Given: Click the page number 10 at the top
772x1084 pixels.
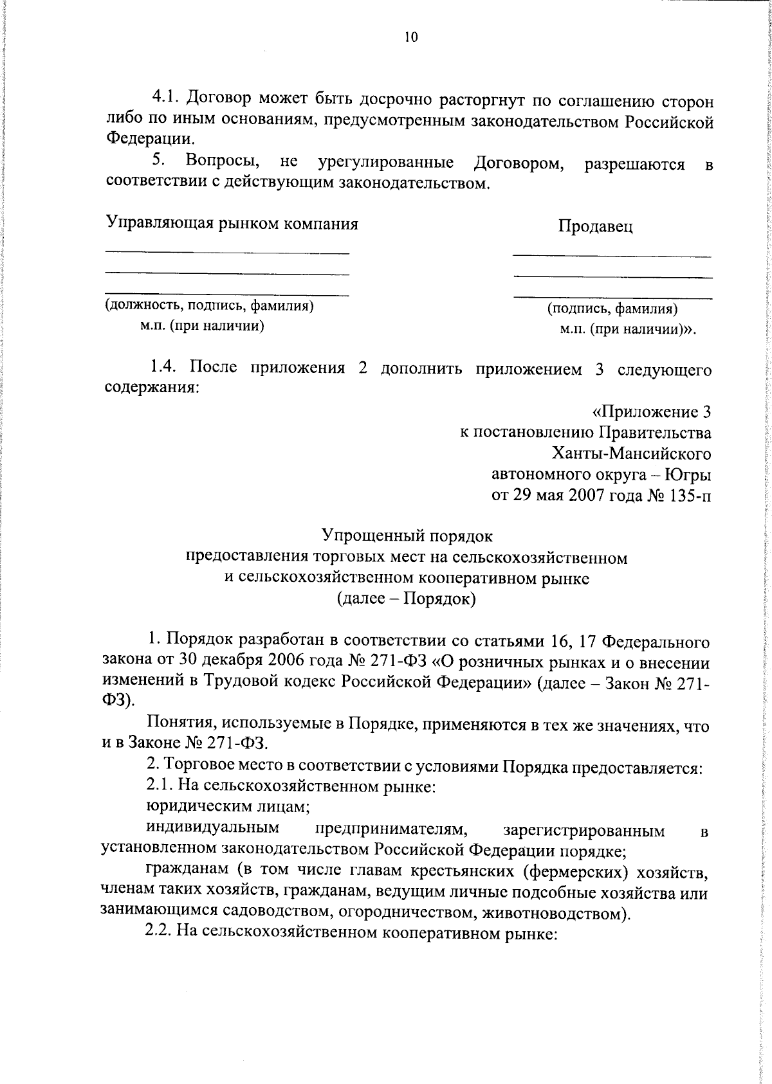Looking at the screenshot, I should pyautogui.click(x=411, y=37).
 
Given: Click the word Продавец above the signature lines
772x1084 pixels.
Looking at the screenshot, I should pyautogui.click(x=595, y=226).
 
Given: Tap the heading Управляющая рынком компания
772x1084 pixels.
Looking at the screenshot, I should pyautogui.click(x=232, y=224).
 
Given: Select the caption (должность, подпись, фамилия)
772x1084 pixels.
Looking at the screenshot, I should pyautogui.click(x=209, y=306).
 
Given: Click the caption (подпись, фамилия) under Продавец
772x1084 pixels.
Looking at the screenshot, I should pyautogui.click(x=612, y=309).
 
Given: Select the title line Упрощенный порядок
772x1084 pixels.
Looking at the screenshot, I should pyautogui.click(x=407, y=535).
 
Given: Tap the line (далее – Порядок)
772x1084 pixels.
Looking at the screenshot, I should pyautogui.click(x=407, y=599).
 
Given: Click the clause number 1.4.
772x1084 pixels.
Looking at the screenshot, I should pyautogui.click(x=165, y=368).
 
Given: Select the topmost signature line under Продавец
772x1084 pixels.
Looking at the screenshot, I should pyautogui.click(x=612, y=257).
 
